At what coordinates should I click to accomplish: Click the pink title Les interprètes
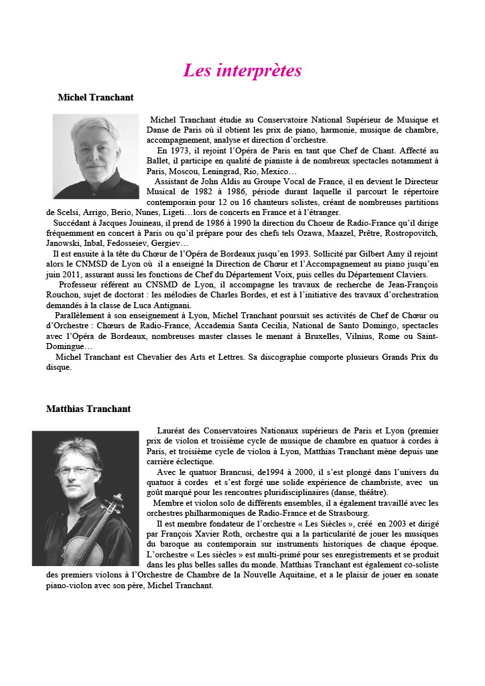pyautogui.click(x=242, y=70)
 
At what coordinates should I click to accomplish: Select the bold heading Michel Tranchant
pyautogui.click(x=96, y=98)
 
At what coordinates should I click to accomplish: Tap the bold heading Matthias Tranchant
pyautogui.click(x=88, y=409)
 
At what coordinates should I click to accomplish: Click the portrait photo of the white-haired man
pyautogui.click(x=96, y=155)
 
